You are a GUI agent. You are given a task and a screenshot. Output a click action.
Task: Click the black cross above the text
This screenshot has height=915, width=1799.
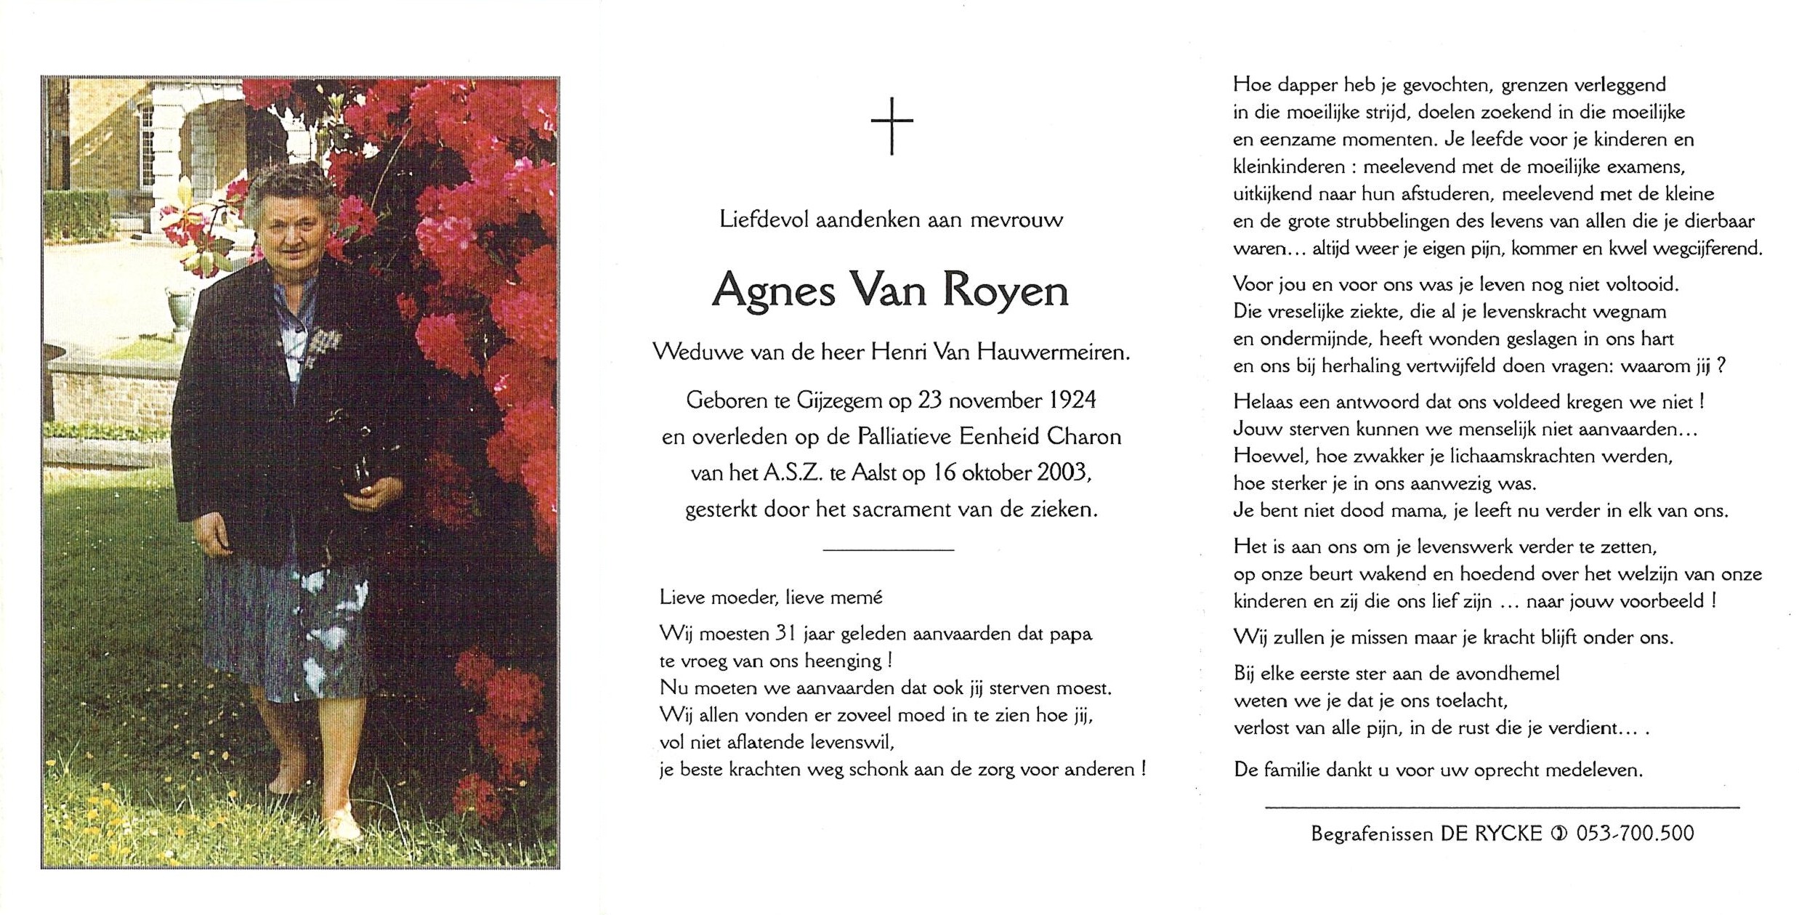point(892,126)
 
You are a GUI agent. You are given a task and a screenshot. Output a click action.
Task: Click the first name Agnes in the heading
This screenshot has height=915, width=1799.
point(774,291)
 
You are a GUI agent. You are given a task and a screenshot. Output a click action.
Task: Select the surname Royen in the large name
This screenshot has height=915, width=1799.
point(1006,291)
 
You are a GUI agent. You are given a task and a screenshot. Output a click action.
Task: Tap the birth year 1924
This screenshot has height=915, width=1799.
point(1072,400)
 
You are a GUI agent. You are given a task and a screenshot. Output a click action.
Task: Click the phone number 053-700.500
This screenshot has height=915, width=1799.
point(1635,833)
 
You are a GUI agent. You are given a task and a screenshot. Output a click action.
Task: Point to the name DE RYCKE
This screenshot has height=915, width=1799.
point(1491,833)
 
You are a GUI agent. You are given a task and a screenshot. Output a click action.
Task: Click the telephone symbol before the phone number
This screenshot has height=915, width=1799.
point(1559,834)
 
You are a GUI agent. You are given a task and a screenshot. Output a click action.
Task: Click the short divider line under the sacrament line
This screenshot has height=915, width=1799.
point(888,550)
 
